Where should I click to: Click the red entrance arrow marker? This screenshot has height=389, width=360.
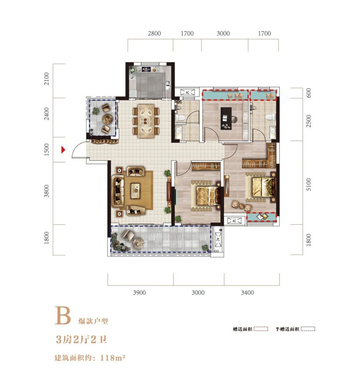(x=63, y=149)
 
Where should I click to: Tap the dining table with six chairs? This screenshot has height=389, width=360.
(x=146, y=121)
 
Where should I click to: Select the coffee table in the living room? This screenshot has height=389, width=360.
(x=135, y=190)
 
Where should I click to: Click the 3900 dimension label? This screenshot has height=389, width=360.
(x=139, y=293)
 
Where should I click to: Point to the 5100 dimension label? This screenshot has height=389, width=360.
(x=308, y=184)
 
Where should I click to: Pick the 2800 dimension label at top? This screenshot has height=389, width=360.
(x=154, y=33)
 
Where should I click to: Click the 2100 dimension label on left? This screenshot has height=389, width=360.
(x=47, y=79)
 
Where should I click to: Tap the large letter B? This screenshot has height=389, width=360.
(x=63, y=316)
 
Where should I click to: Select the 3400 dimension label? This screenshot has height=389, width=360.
(x=247, y=293)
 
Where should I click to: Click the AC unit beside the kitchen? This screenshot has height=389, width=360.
(x=188, y=93)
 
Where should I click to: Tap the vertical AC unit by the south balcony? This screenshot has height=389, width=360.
(x=218, y=240)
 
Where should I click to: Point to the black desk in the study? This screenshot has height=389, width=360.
(x=226, y=118)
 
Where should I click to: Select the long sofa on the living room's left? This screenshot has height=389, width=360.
(x=117, y=191)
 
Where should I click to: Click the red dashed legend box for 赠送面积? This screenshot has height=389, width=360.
(x=261, y=329)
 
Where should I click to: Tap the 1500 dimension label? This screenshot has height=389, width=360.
(x=47, y=149)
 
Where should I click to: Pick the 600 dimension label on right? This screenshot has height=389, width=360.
(x=308, y=93)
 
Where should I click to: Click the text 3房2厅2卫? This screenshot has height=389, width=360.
(x=81, y=339)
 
